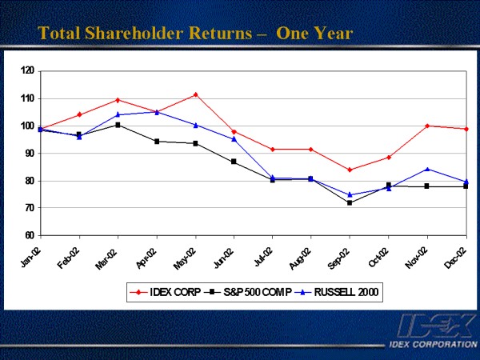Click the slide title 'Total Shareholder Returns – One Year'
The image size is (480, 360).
[x=195, y=34]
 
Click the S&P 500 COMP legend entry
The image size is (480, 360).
[x=251, y=294]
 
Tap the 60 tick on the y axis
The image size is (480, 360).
[x=29, y=236]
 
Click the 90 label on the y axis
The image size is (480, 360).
[x=29, y=154]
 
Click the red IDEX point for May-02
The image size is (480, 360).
[x=195, y=94]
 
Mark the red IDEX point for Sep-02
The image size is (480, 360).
[x=350, y=170]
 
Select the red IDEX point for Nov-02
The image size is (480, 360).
[x=427, y=126]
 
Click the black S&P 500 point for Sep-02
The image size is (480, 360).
[x=350, y=203]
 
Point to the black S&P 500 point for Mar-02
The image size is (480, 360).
[x=118, y=125]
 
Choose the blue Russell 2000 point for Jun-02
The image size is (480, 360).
[x=234, y=139]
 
